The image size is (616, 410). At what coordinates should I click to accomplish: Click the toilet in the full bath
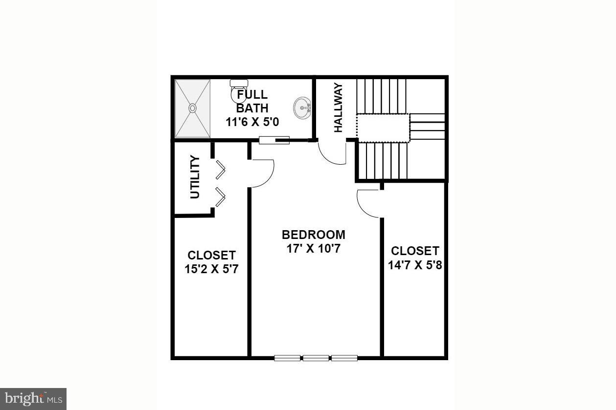tap(238, 91)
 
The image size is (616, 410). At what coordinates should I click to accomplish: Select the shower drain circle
tap(192, 108)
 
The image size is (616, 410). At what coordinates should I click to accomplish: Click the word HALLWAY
tap(338, 108)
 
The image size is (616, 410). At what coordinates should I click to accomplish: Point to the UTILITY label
tap(195, 177)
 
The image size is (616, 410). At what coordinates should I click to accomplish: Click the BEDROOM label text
tap(313, 235)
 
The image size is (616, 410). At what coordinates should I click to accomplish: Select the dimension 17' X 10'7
tap(313, 248)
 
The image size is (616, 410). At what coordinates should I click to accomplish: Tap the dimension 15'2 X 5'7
tap(211, 269)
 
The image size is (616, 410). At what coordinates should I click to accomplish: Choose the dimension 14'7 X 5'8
tap(415, 265)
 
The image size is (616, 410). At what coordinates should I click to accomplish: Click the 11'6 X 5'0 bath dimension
tap(252, 122)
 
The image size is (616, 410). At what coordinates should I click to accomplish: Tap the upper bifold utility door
tap(220, 170)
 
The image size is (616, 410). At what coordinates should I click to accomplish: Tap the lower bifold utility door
tap(220, 196)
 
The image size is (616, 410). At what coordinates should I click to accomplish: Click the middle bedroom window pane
tap(316, 358)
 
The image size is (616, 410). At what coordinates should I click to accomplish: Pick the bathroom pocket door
tap(274, 141)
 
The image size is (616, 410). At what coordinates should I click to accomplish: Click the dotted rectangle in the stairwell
tap(382, 128)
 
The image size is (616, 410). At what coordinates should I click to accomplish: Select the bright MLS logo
tap(33, 399)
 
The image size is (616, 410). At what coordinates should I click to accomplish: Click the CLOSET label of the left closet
tap(211, 255)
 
